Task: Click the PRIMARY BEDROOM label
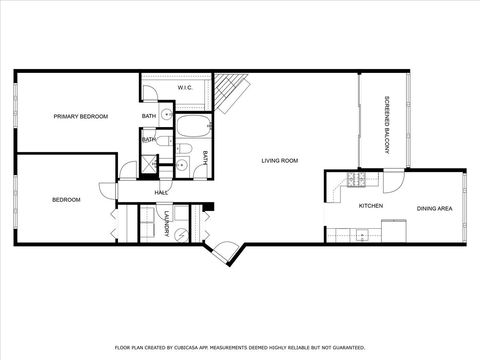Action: [81, 117]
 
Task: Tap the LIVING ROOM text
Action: [280, 160]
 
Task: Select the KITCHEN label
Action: [371, 206]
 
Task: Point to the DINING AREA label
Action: [435, 208]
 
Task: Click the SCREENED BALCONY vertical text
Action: [387, 124]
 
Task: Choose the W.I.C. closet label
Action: [185, 88]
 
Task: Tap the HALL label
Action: [160, 192]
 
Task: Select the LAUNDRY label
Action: [164, 224]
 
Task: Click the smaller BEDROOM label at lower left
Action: [65, 199]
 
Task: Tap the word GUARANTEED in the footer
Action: [345, 348]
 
